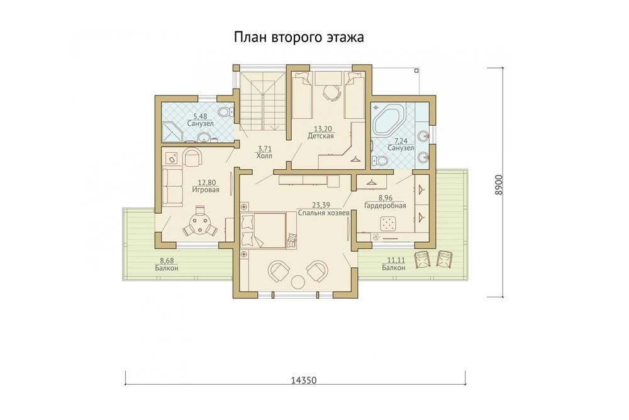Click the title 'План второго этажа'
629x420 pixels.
point(299,38)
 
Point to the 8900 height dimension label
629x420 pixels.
point(498,185)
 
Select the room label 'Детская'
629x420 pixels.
point(321,136)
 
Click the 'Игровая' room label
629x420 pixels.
point(206,190)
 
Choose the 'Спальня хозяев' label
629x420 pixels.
point(323,213)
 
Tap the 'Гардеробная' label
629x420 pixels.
point(385,206)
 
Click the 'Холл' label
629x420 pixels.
point(264,156)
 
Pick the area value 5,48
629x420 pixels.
point(200,116)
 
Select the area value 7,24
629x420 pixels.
point(401,141)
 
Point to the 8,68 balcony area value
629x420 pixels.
point(167,260)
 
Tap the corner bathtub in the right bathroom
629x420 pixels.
point(389,120)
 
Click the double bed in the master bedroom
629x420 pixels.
point(264,231)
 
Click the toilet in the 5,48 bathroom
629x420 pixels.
point(226,111)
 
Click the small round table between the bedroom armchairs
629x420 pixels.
point(298,282)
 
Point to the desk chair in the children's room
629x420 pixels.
point(331,94)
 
